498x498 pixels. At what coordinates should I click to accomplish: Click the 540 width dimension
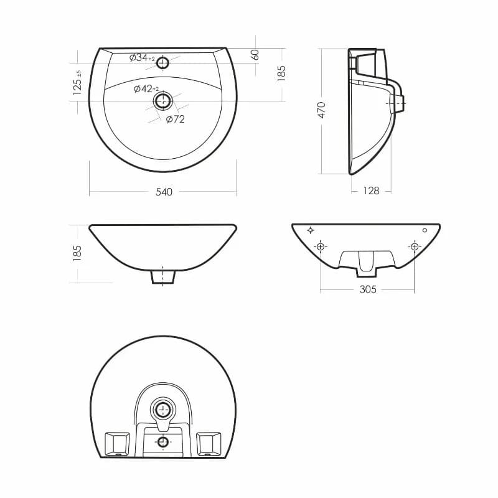[164, 192]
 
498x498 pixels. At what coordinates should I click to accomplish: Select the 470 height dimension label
[322, 110]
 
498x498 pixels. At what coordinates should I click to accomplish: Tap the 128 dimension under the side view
[371, 190]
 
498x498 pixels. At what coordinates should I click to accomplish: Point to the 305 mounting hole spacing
[368, 289]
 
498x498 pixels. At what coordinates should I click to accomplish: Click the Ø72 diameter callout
[176, 119]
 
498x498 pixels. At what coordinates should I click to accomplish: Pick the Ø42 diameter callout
[146, 89]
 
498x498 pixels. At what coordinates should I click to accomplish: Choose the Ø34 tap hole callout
[142, 58]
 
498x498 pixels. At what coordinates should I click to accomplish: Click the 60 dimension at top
[255, 55]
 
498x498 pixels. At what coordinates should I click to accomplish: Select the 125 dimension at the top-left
[77, 83]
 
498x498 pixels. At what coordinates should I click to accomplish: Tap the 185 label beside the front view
[77, 253]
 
